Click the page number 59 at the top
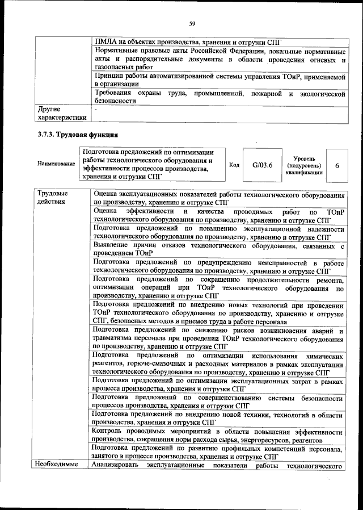pos(192,23)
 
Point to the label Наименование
pos(56,164)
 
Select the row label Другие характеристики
pos(62,113)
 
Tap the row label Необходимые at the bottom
pos(57,466)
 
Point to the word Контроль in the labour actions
pos(109,432)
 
